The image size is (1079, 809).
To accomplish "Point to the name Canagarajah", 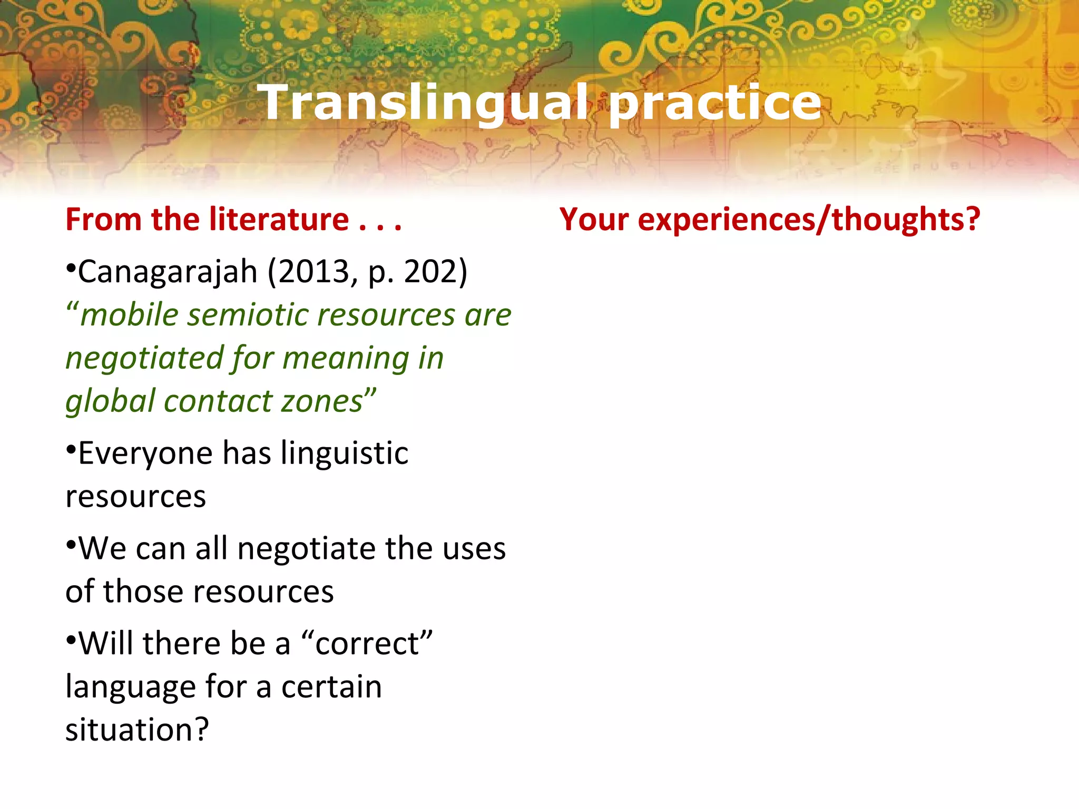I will coord(168,272).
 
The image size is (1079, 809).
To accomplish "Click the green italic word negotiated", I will coord(144,358).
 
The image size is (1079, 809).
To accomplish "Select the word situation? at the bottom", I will coord(137,729).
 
